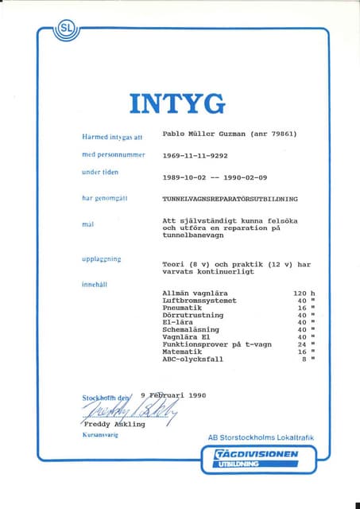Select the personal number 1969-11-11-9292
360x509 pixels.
click(x=195, y=156)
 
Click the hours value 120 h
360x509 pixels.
click(x=304, y=293)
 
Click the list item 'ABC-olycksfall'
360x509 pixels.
click(x=192, y=359)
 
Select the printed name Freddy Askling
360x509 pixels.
click(x=114, y=425)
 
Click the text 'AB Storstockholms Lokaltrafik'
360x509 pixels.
click(x=261, y=438)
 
